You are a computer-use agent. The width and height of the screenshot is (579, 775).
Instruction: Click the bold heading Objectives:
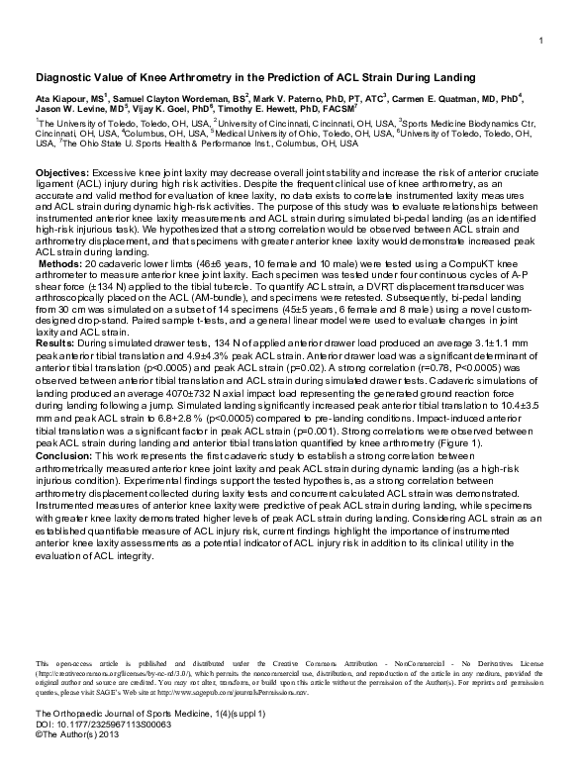[x=64, y=172]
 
